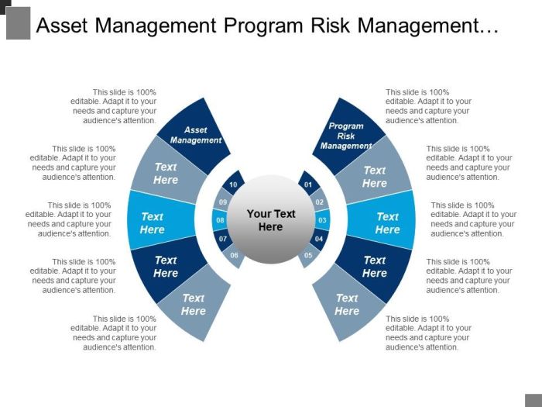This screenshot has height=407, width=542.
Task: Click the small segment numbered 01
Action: (307, 185)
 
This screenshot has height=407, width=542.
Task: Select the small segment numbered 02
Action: (318, 202)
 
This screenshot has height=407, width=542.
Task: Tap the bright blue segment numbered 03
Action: (323, 220)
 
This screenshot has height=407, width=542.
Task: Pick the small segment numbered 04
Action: (318, 238)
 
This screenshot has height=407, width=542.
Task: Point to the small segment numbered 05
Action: (308, 255)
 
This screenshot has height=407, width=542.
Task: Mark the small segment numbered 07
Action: (224, 238)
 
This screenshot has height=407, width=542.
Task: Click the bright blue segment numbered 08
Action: (220, 220)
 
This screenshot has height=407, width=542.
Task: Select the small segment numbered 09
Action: (224, 202)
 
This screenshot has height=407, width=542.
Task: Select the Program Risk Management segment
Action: (347, 135)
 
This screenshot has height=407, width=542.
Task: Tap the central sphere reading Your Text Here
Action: (271, 220)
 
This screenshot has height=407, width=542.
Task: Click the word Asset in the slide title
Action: (63, 26)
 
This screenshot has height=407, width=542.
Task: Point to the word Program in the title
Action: (262, 26)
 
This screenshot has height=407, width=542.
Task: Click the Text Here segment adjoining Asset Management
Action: (164, 174)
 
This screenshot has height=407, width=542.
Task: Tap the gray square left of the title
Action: (18, 23)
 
